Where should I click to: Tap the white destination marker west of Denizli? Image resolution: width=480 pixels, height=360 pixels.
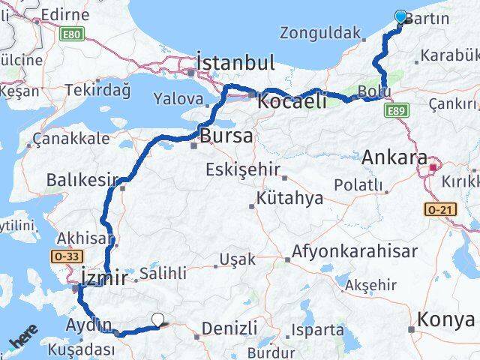tap(157, 320)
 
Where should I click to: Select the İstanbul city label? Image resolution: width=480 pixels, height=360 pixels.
tap(235, 61)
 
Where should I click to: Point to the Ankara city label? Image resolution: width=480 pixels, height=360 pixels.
tap(394, 158)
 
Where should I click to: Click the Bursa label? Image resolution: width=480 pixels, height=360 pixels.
tap(226, 136)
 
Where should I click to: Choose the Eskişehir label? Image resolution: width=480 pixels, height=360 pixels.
tap(241, 169)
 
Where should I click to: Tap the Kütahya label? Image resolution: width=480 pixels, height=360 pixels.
tap(289, 199)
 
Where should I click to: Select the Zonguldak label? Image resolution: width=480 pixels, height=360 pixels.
tap(315, 33)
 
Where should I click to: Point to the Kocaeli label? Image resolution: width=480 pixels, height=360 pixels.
tap(292, 100)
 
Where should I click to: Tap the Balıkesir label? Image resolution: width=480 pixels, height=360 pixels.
tap(73, 179)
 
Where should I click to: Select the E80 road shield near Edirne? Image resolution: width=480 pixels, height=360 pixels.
tap(75, 34)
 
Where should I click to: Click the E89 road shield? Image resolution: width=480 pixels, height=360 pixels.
tap(397, 111)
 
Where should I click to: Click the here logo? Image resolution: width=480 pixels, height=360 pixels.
tap(23, 343)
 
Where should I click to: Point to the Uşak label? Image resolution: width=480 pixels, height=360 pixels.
tap(236, 260)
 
